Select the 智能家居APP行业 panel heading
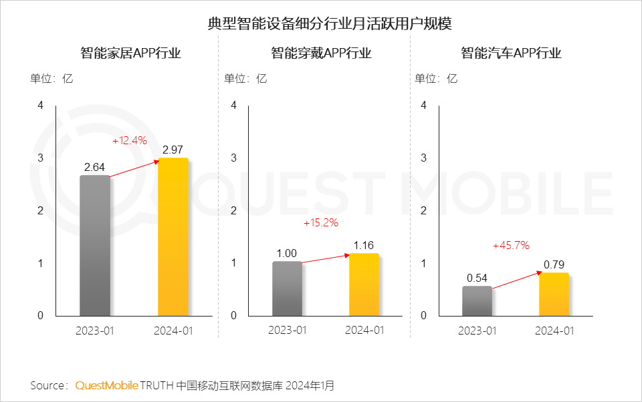pos(130,53)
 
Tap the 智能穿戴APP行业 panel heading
pos(321,53)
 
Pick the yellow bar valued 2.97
pos(173,237)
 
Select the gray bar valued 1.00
pos(287,288)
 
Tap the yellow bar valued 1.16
pos(364,284)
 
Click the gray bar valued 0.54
pos(477,300)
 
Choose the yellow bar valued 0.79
pos(554,294)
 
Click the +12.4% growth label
pos(129,141)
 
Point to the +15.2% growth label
pos(321,222)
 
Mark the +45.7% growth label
pos(511,245)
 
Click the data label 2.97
pos(173,150)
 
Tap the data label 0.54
pos(477,277)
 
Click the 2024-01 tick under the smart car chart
pos(554,331)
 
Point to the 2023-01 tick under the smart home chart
pos(96,331)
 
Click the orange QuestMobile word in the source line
pos(107,385)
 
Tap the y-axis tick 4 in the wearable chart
pos(233,105)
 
